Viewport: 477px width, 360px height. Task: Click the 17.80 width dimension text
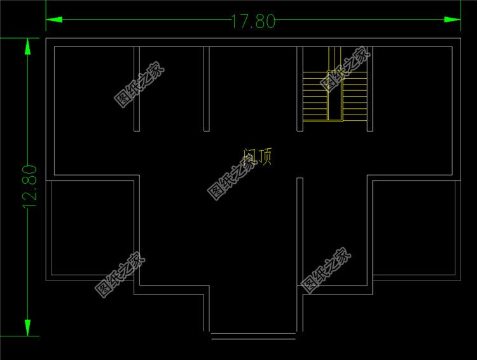252,22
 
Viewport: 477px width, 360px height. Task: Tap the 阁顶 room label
258,156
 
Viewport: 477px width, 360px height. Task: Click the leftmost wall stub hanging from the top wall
137,88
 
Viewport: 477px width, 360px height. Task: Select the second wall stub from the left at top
206,88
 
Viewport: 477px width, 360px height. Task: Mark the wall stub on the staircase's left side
300,88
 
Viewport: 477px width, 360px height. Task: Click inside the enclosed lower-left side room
92,229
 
